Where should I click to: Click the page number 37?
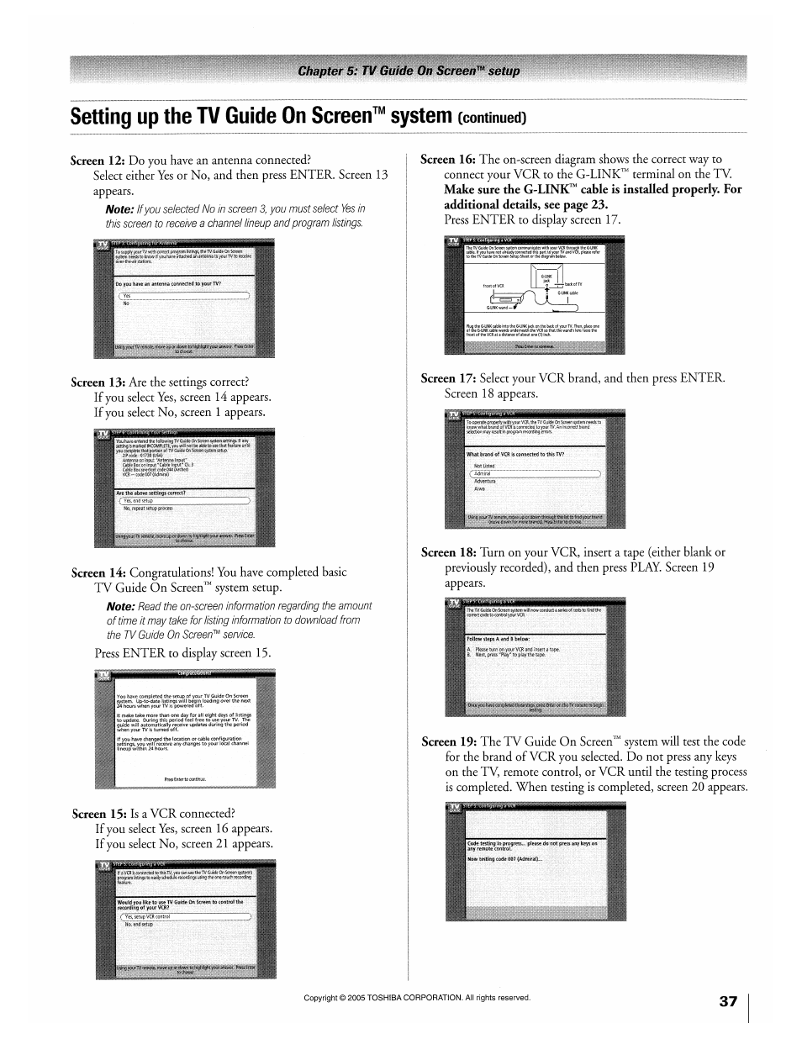tap(728, 1001)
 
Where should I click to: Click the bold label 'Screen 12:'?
tap(98, 160)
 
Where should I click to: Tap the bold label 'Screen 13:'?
tap(98, 382)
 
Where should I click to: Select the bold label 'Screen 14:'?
tap(99, 572)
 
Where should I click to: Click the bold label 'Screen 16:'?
tap(448, 159)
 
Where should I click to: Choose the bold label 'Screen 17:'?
tap(448, 378)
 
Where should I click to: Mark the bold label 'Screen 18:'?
tap(449, 552)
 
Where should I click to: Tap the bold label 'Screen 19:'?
tap(449, 741)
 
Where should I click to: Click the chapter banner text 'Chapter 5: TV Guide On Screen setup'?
tap(409, 71)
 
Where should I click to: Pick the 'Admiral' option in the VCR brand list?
tap(483, 473)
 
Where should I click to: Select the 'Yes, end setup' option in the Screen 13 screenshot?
tap(139, 500)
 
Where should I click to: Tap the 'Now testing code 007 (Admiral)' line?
tap(505, 859)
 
